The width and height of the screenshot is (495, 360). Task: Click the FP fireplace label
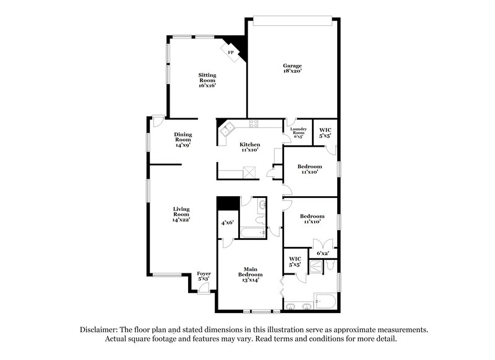231,53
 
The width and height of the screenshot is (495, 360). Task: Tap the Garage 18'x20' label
292,68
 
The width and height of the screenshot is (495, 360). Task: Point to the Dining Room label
183,140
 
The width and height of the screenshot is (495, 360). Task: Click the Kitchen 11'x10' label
250,147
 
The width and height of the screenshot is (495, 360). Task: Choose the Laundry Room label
298,131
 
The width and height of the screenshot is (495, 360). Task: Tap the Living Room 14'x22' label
181,215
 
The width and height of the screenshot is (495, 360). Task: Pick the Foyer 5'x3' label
204,275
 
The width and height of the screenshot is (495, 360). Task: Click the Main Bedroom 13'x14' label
250,274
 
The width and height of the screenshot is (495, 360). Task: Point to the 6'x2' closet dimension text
323,253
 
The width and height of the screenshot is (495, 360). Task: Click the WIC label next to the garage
325,132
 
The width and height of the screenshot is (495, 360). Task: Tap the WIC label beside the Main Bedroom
295,262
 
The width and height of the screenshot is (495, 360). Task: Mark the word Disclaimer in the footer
101,330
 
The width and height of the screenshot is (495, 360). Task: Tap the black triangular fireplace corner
239,46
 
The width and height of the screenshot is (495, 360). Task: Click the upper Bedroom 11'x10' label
309,169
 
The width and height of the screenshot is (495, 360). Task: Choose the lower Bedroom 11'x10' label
311,218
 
